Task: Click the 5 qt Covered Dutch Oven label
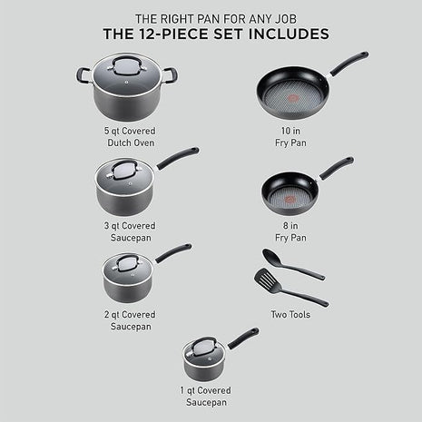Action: point(129,136)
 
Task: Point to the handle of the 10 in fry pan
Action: point(348,63)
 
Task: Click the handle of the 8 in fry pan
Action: point(336,167)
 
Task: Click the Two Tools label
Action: point(290,314)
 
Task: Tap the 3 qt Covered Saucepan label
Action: point(129,231)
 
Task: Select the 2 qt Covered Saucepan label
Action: point(129,320)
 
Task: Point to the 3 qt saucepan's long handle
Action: point(177,157)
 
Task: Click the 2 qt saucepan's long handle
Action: point(172,251)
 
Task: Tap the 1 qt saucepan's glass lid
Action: point(203,348)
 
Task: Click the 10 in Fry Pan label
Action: point(290,136)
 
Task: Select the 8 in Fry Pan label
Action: point(290,231)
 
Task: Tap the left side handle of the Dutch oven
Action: point(83,75)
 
